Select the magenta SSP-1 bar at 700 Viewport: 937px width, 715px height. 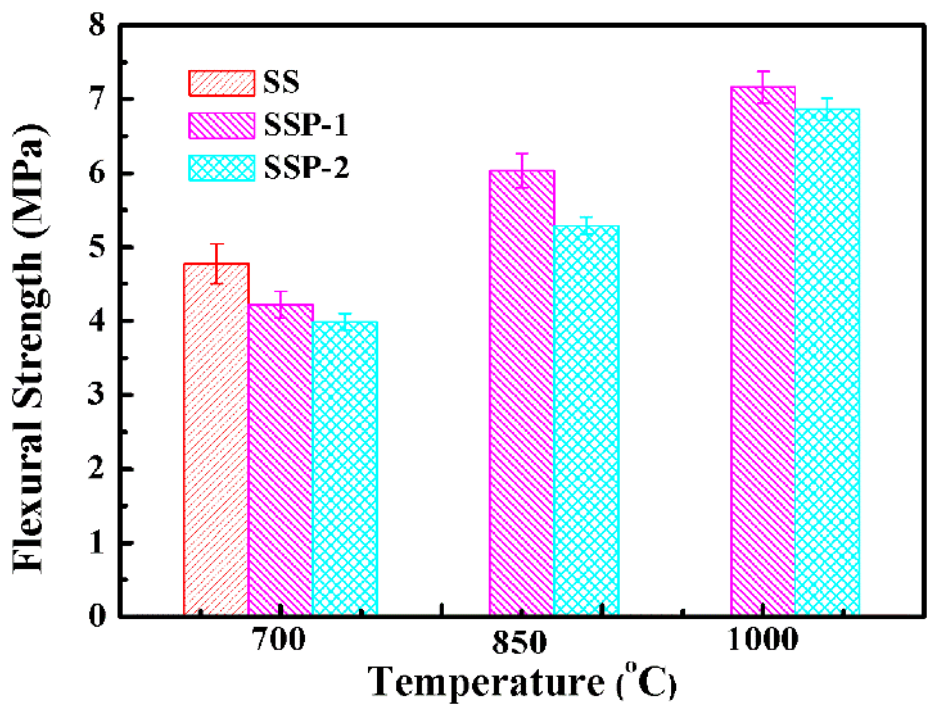(280, 460)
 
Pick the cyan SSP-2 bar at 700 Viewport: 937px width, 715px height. (345, 468)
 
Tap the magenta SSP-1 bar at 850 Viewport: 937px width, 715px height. (521, 392)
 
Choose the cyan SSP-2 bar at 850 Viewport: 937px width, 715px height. (586, 420)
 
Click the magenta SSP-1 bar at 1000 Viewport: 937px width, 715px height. (763, 350)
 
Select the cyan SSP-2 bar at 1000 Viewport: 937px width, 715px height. (827, 362)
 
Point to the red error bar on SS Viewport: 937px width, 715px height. (216, 264)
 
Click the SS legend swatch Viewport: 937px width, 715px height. (222, 83)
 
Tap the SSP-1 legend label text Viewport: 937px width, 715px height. (306, 125)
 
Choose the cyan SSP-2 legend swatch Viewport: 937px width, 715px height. (222, 168)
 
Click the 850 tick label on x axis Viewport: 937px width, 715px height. (520, 643)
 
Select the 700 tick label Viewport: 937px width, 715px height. (279, 639)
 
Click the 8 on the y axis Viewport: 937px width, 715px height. (97, 25)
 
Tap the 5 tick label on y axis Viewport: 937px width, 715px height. (97, 246)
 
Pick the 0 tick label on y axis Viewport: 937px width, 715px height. (97, 615)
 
